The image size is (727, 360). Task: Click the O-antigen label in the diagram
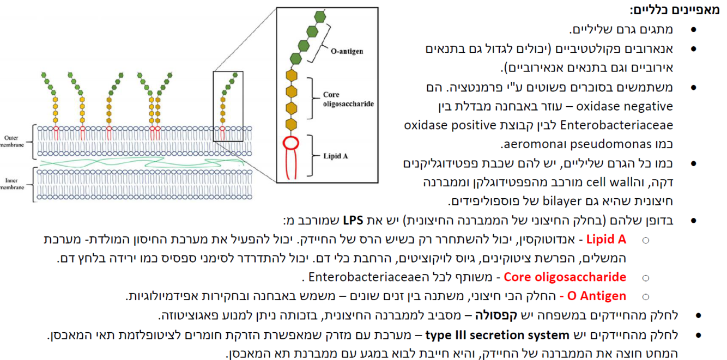click(347, 51)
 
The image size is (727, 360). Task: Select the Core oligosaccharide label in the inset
click(349, 99)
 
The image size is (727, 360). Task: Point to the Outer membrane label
click(11, 141)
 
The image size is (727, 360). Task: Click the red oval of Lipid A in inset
click(291, 144)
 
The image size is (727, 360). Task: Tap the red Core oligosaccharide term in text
click(565, 277)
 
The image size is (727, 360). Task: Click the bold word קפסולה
click(494, 315)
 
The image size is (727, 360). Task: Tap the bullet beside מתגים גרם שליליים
click(693, 30)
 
